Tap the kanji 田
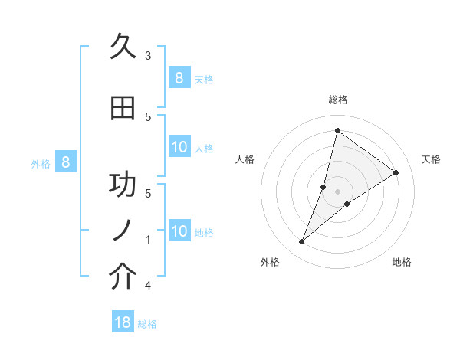pyautogui.click(x=123, y=109)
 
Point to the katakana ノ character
pyautogui.click(x=123, y=231)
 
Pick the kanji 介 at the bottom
pyautogui.click(x=123, y=277)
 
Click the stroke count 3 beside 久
pyautogui.click(x=148, y=55)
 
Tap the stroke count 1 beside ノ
pyautogui.click(x=148, y=240)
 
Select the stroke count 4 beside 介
pyautogui.click(x=148, y=286)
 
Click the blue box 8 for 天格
pyautogui.click(x=179, y=77)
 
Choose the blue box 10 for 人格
pyautogui.click(x=179, y=147)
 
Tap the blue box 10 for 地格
pyautogui.click(x=179, y=231)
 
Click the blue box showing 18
pyautogui.click(x=123, y=322)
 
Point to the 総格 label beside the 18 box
pyautogui.click(x=147, y=323)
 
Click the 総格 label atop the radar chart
pyautogui.click(x=337, y=100)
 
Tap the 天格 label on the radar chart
pyautogui.click(x=431, y=159)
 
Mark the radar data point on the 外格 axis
pyautogui.click(x=301, y=242)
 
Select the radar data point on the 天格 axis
pyautogui.click(x=396, y=173)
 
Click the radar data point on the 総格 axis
pyautogui.click(x=337, y=130)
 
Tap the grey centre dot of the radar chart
pyautogui.click(x=337, y=191)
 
